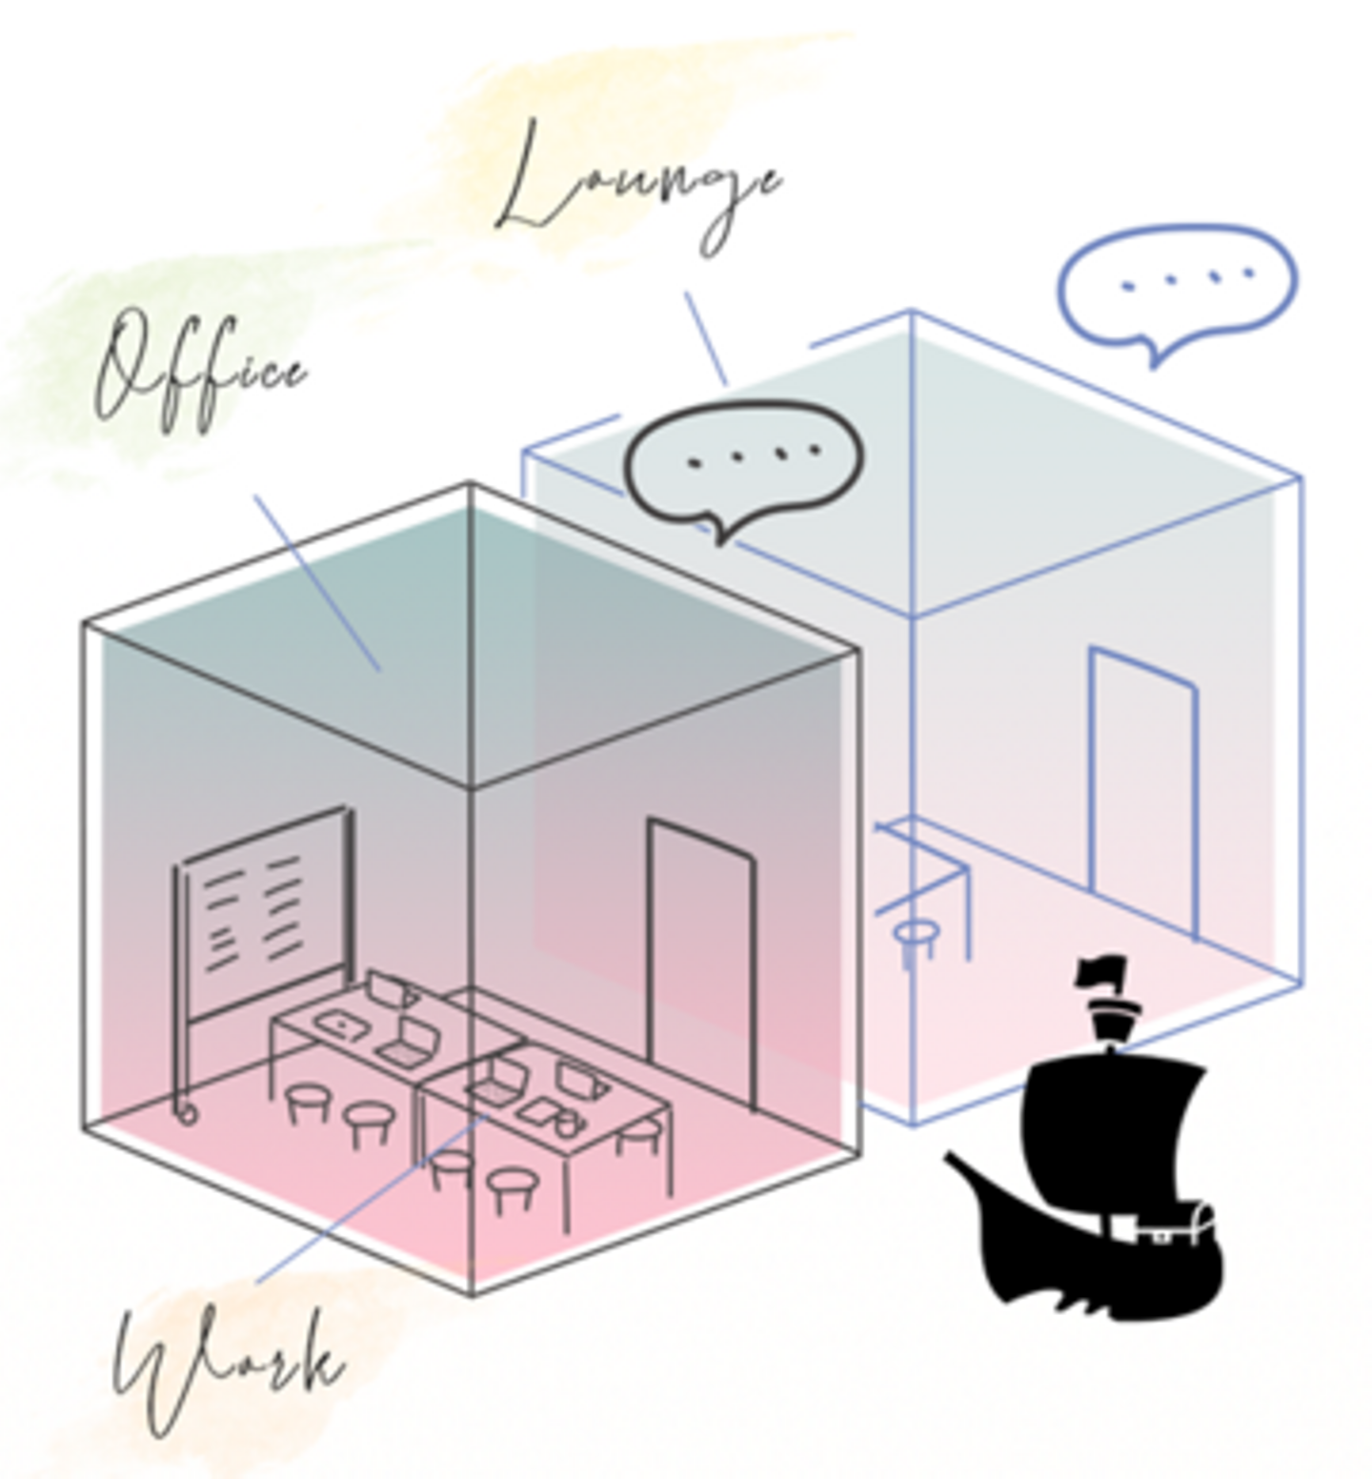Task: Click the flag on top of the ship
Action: click(1101, 972)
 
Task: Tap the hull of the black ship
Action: click(1096, 1258)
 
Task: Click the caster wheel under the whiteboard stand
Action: click(185, 1111)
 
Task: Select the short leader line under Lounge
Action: click(706, 338)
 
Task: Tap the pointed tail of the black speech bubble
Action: click(721, 532)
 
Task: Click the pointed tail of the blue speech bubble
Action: click(1155, 356)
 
